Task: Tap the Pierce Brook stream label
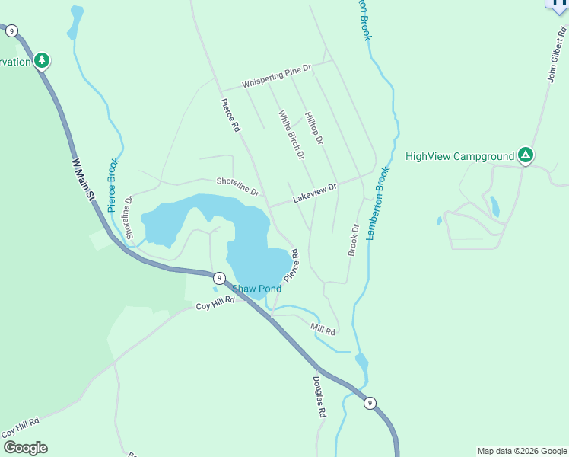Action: pos(113,186)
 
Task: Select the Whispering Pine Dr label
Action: pos(277,76)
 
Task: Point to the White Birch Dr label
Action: pos(291,135)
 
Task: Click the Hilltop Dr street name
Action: pos(314,129)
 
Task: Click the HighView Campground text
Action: pos(460,157)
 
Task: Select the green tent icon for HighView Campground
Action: pos(525,156)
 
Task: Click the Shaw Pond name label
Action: pos(257,289)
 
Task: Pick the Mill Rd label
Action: pos(323,329)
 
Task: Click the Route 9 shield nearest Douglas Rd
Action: pos(369,403)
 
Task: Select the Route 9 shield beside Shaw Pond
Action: pos(218,278)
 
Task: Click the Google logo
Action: pos(25,448)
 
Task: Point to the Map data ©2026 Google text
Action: pos(522,451)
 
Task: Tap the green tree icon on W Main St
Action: pos(42,60)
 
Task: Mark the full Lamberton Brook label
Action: pos(379,203)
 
